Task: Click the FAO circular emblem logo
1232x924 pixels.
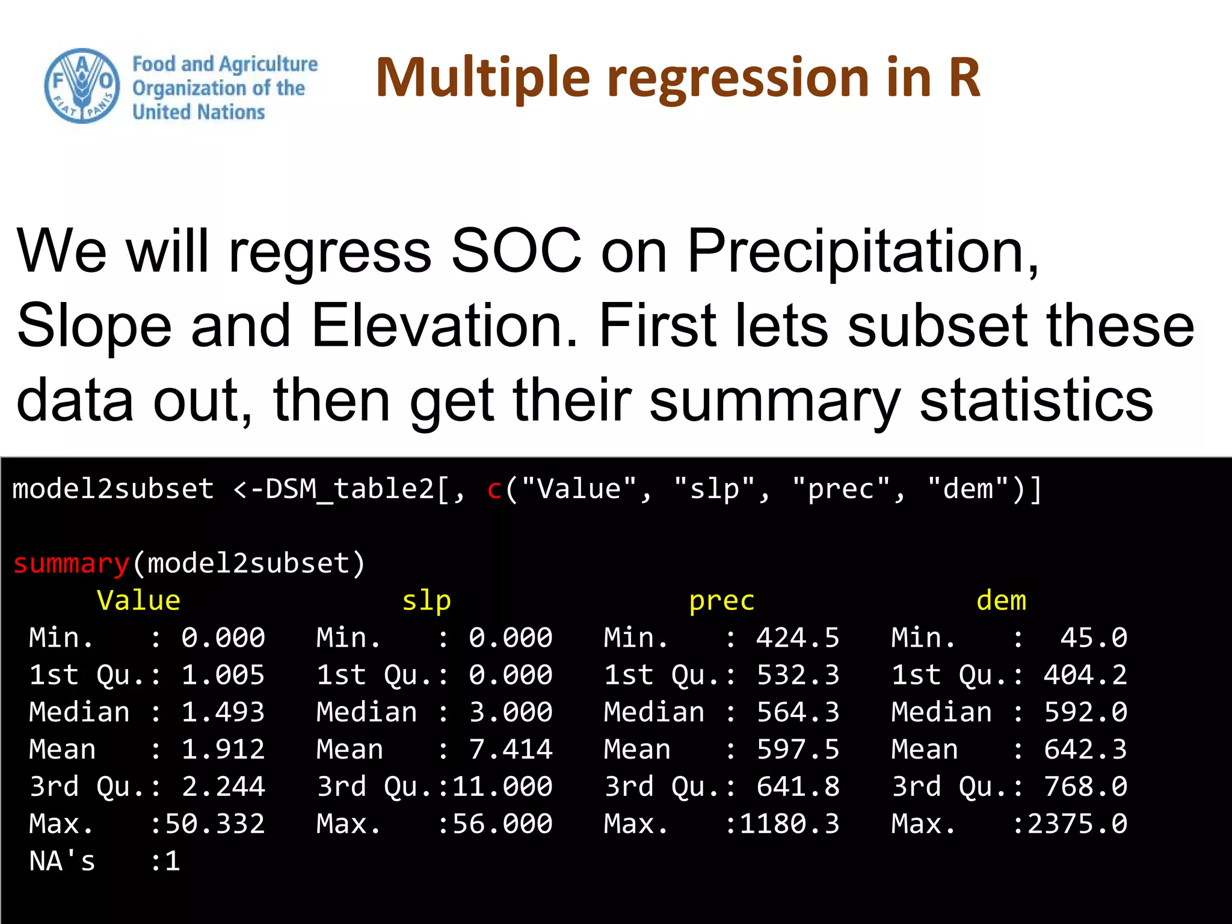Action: (82, 86)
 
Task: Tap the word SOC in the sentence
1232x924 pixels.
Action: (516, 251)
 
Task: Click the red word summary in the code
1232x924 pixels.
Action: (71, 564)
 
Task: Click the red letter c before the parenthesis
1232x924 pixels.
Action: (494, 489)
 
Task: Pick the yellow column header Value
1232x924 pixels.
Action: (138, 601)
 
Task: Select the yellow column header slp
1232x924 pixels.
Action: (426, 601)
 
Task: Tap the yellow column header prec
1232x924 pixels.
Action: (721, 601)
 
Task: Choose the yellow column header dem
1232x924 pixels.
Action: (1001, 601)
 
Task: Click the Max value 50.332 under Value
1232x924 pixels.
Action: (215, 824)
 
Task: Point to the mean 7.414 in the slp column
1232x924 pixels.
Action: (510, 750)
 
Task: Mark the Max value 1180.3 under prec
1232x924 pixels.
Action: (789, 824)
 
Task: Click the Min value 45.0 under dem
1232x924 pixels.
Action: (1093, 638)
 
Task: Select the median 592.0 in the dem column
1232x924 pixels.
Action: (1085, 712)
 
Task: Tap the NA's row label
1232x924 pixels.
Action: (62, 861)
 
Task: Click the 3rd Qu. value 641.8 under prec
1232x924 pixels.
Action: (798, 787)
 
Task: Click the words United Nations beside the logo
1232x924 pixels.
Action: (199, 112)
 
